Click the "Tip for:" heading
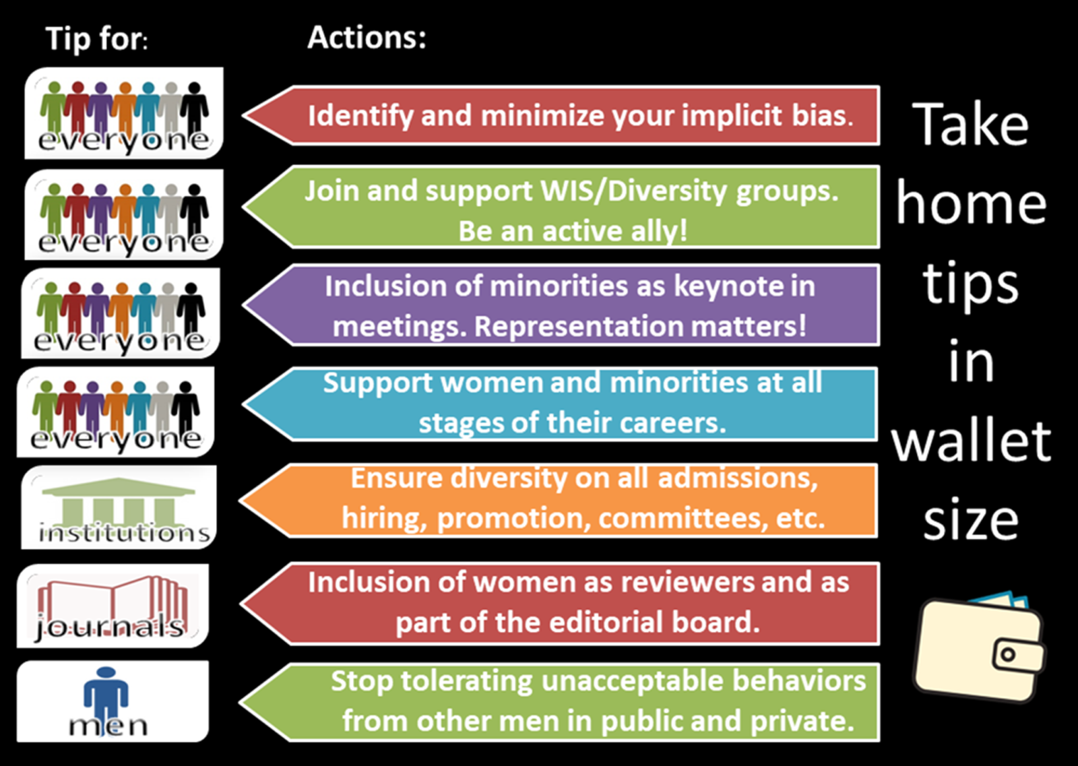[x=97, y=39]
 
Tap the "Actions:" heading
[x=367, y=37]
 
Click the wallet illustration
[x=980, y=647]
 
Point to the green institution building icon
[x=119, y=503]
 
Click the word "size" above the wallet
[x=971, y=519]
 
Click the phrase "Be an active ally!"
[x=573, y=231]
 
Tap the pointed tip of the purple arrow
[x=243, y=305]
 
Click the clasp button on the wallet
[x=1008, y=654]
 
